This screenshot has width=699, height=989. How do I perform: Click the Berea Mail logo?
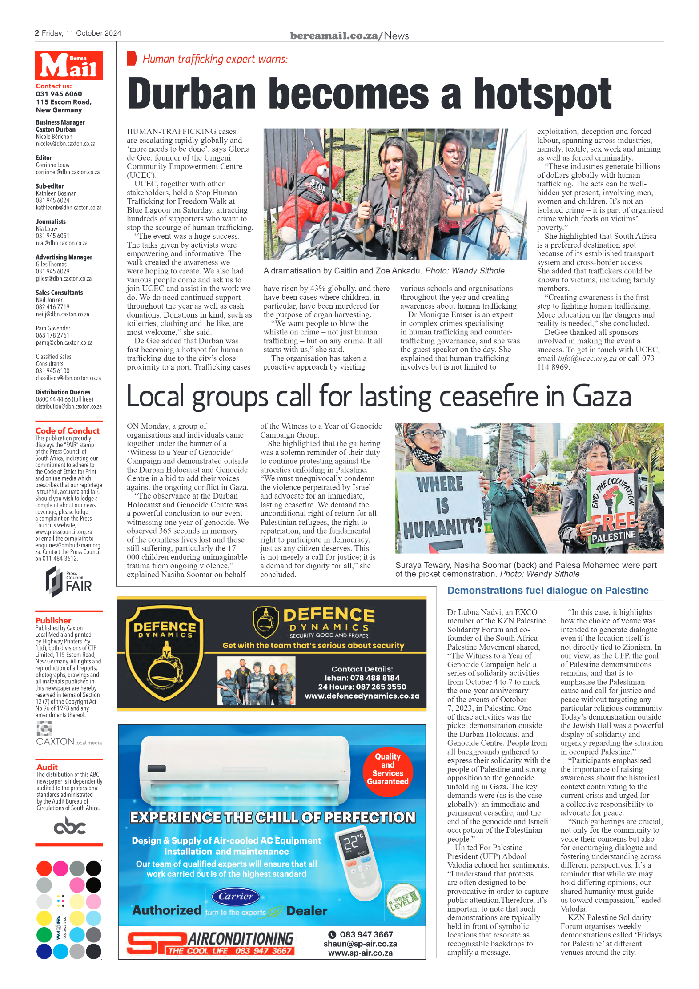pos(69,65)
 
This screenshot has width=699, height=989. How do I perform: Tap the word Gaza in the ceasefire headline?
pos(601,396)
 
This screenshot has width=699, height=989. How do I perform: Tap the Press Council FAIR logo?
pos(69,582)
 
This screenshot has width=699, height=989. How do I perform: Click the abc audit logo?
pos(69,827)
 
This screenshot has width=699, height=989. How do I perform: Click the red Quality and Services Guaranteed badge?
pos(388,769)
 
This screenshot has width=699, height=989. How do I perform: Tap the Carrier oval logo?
pos(235,896)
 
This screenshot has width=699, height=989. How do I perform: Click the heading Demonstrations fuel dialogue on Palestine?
pos(547,591)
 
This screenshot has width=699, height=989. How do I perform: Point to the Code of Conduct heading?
pos(68,430)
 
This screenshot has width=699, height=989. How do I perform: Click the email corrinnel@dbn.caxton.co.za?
pos(68,172)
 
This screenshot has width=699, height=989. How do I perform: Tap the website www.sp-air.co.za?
pos(360,953)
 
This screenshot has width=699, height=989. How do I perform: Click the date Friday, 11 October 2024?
pos(81,33)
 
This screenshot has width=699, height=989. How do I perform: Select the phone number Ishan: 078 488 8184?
pos(362,678)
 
